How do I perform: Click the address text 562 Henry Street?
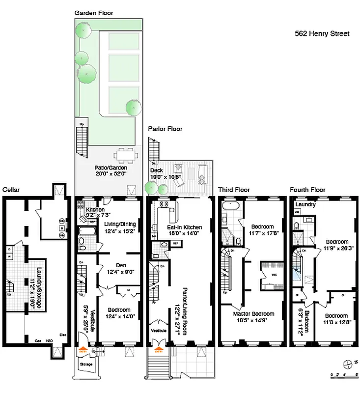coord(322,34)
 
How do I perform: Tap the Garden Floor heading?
coord(93,12)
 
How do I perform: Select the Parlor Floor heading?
coord(165,129)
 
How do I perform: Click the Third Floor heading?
coord(234,190)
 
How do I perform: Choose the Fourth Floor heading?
coord(307,190)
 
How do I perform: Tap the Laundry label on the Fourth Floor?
coord(305,204)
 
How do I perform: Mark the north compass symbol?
coord(349,363)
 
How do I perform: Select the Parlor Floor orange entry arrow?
coord(159,351)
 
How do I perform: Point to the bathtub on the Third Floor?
coord(228,206)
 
